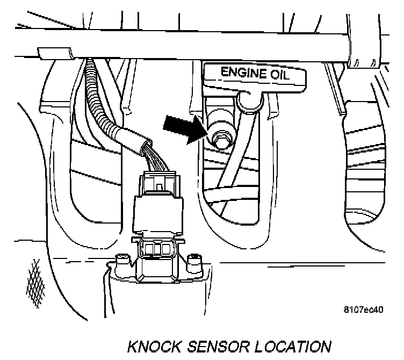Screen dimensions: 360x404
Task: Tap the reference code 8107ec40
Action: [x=364, y=310]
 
